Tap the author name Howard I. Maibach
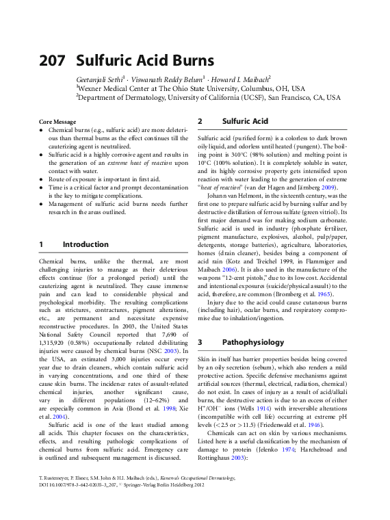[242, 79]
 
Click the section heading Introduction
[86, 244]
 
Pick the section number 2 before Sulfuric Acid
[200, 121]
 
